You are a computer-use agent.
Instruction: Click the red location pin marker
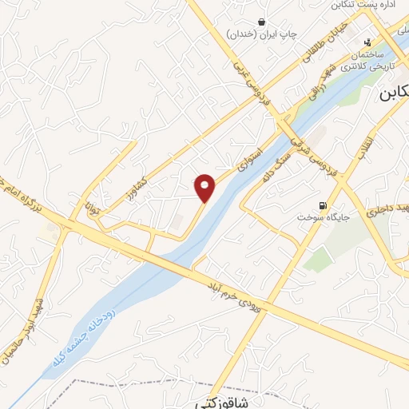click(x=205, y=187)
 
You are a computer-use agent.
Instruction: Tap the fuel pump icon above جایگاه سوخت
click(x=323, y=204)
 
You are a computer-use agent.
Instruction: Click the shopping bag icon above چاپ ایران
click(x=262, y=22)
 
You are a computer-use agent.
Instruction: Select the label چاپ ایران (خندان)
click(x=261, y=34)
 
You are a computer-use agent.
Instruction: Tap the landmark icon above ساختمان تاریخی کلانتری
click(x=367, y=43)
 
